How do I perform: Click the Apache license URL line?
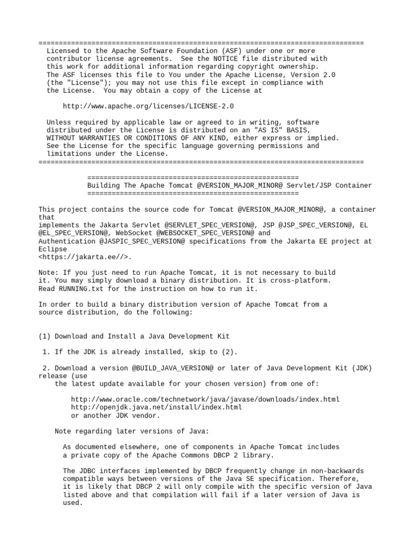(x=148, y=107)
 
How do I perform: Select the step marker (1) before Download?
(x=45, y=336)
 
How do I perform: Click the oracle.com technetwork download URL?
(x=205, y=400)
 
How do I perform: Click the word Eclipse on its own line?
(x=53, y=249)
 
